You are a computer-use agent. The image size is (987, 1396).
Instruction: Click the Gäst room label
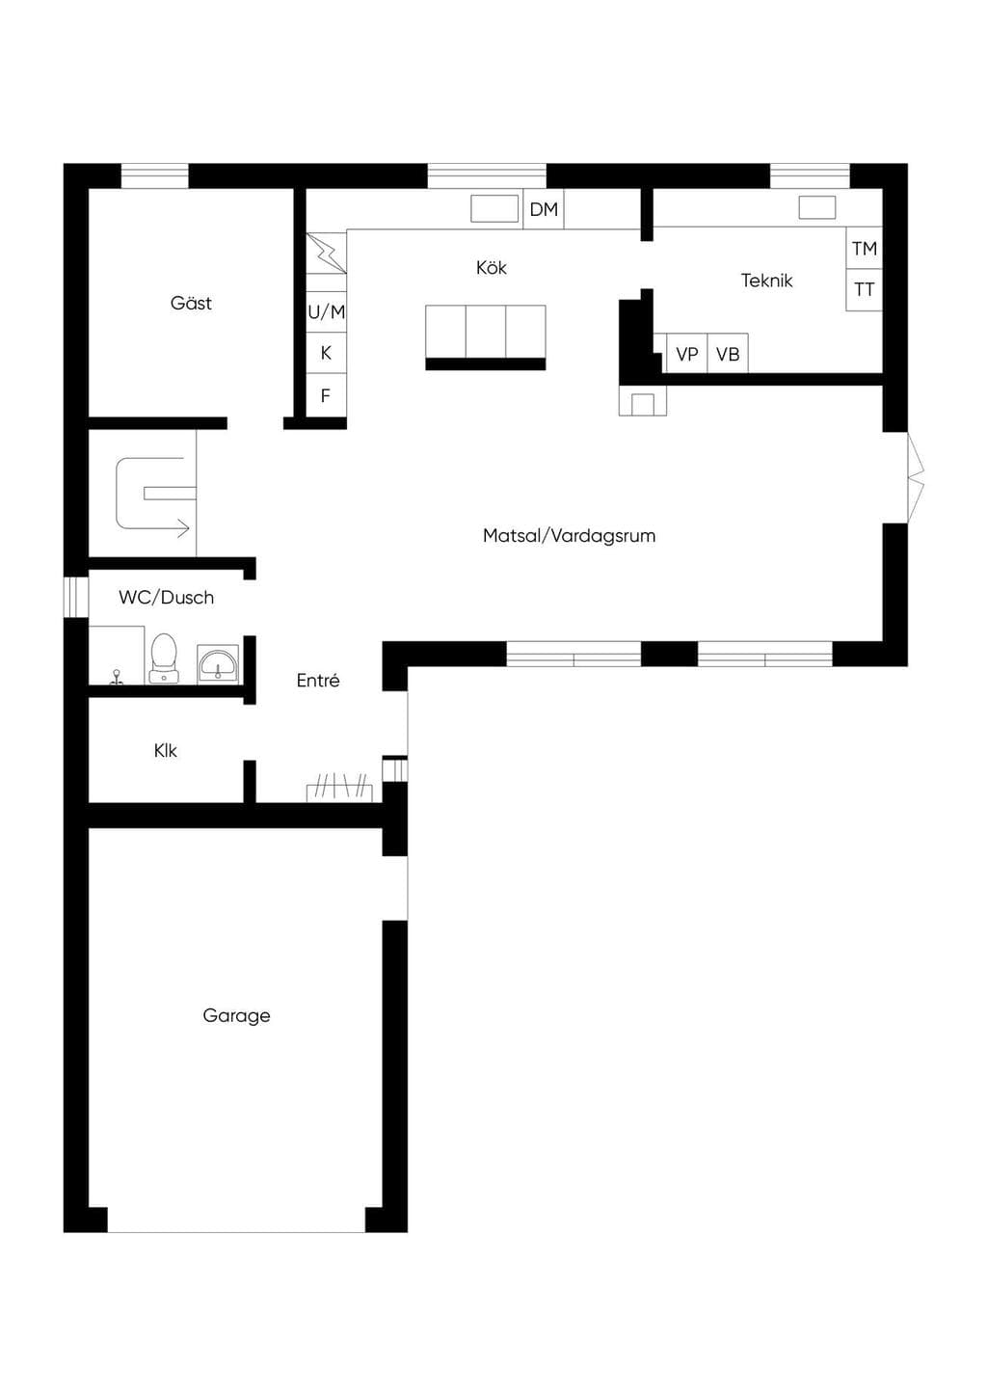(x=191, y=303)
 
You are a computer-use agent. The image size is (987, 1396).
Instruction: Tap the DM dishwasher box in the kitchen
(x=544, y=209)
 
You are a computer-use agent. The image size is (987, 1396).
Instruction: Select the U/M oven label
(x=326, y=311)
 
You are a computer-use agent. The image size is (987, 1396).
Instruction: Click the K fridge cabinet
(x=326, y=353)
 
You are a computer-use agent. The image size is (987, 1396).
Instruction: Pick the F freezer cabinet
(x=326, y=395)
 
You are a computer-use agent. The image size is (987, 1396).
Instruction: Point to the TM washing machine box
(x=865, y=248)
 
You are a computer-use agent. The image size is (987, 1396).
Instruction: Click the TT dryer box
(x=865, y=290)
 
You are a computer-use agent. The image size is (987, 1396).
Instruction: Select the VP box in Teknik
(x=687, y=354)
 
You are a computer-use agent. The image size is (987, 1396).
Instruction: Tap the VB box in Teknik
(x=728, y=354)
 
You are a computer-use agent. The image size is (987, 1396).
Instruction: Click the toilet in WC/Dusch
(x=165, y=658)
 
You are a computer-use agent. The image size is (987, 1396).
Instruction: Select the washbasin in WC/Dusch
(x=218, y=664)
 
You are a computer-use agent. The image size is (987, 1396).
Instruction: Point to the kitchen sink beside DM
(x=494, y=208)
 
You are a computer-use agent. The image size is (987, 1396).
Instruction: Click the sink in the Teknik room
(x=817, y=207)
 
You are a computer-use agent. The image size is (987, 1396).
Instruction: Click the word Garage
(x=236, y=1016)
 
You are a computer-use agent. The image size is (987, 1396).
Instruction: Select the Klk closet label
(x=165, y=750)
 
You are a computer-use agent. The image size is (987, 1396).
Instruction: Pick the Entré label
(x=318, y=680)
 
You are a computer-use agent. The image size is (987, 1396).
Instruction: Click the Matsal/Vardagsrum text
(x=569, y=536)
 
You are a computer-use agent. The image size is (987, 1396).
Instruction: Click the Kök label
(x=491, y=267)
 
